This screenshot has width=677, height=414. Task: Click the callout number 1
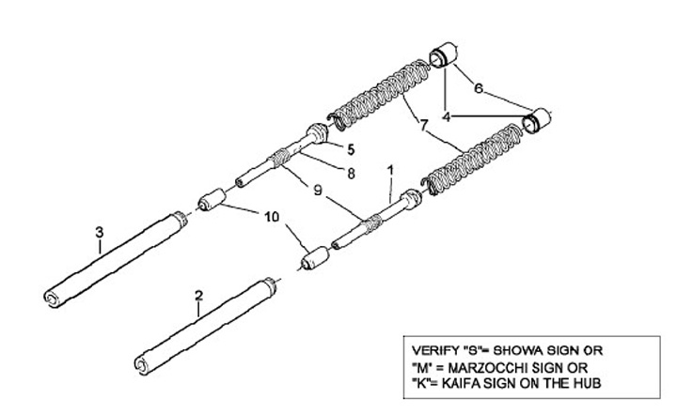(x=390, y=172)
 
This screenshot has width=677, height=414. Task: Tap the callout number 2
(x=198, y=296)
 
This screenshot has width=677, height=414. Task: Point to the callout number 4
(x=448, y=117)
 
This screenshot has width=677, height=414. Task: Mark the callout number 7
(x=424, y=124)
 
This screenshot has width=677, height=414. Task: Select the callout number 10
(x=272, y=217)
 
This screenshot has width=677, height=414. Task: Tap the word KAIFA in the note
(x=475, y=383)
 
